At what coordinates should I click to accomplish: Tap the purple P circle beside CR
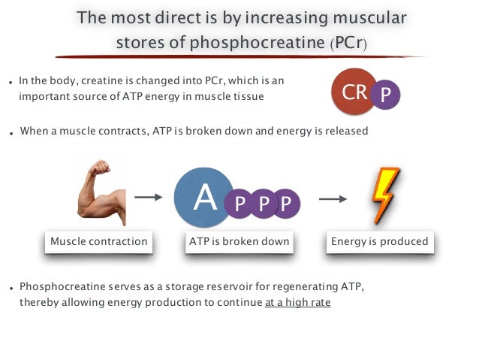tap(386, 95)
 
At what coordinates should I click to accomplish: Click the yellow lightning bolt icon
tap(386, 195)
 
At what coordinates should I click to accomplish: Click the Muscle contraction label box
tap(98, 242)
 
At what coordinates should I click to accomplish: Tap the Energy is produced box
tap(380, 242)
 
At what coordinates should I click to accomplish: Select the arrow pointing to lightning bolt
tap(333, 199)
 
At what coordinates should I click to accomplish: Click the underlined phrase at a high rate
tap(297, 303)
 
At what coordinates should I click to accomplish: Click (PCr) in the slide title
tap(349, 43)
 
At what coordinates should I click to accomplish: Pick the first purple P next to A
tap(239, 204)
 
